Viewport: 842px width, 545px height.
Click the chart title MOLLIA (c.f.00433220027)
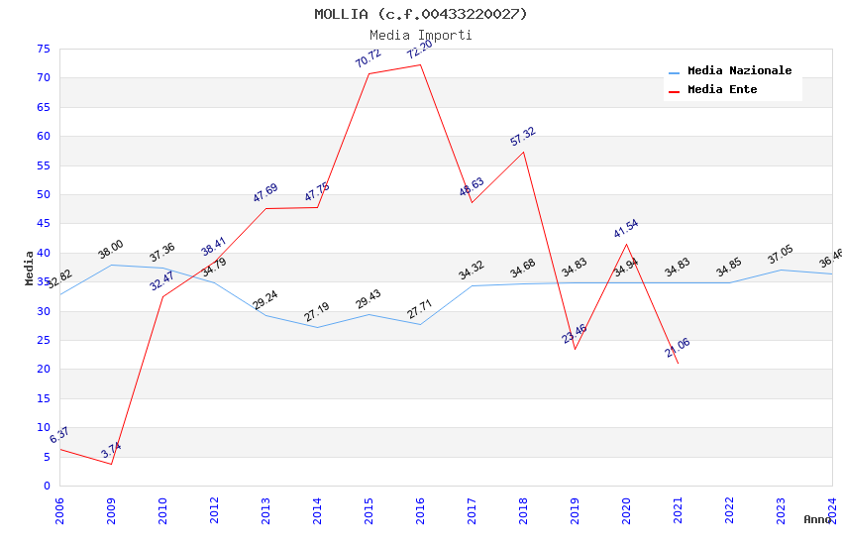click(x=421, y=14)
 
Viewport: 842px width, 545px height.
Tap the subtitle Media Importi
click(x=421, y=35)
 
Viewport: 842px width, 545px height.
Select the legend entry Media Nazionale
click(x=739, y=71)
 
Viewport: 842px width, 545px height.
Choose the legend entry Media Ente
click(x=722, y=90)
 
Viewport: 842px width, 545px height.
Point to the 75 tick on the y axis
click(x=42, y=49)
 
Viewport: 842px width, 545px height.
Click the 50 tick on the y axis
click(x=42, y=195)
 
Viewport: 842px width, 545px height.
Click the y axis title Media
click(x=29, y=268)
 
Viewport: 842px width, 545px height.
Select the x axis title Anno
click(x=817, y=519)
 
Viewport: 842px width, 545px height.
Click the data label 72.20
click(x=420, y=50)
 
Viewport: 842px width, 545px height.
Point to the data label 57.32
click(x=523, y=136)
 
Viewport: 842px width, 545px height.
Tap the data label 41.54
click(x=626, y=229)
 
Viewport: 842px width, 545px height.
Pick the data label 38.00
click(x=111, y=249)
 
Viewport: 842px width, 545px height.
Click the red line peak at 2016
click(x=420, y=65)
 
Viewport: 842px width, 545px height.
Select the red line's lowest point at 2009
click(x=111, y=464)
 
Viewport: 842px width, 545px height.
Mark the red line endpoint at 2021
click(x=678, y=363)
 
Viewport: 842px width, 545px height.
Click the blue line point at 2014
click(x=317, y=327)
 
